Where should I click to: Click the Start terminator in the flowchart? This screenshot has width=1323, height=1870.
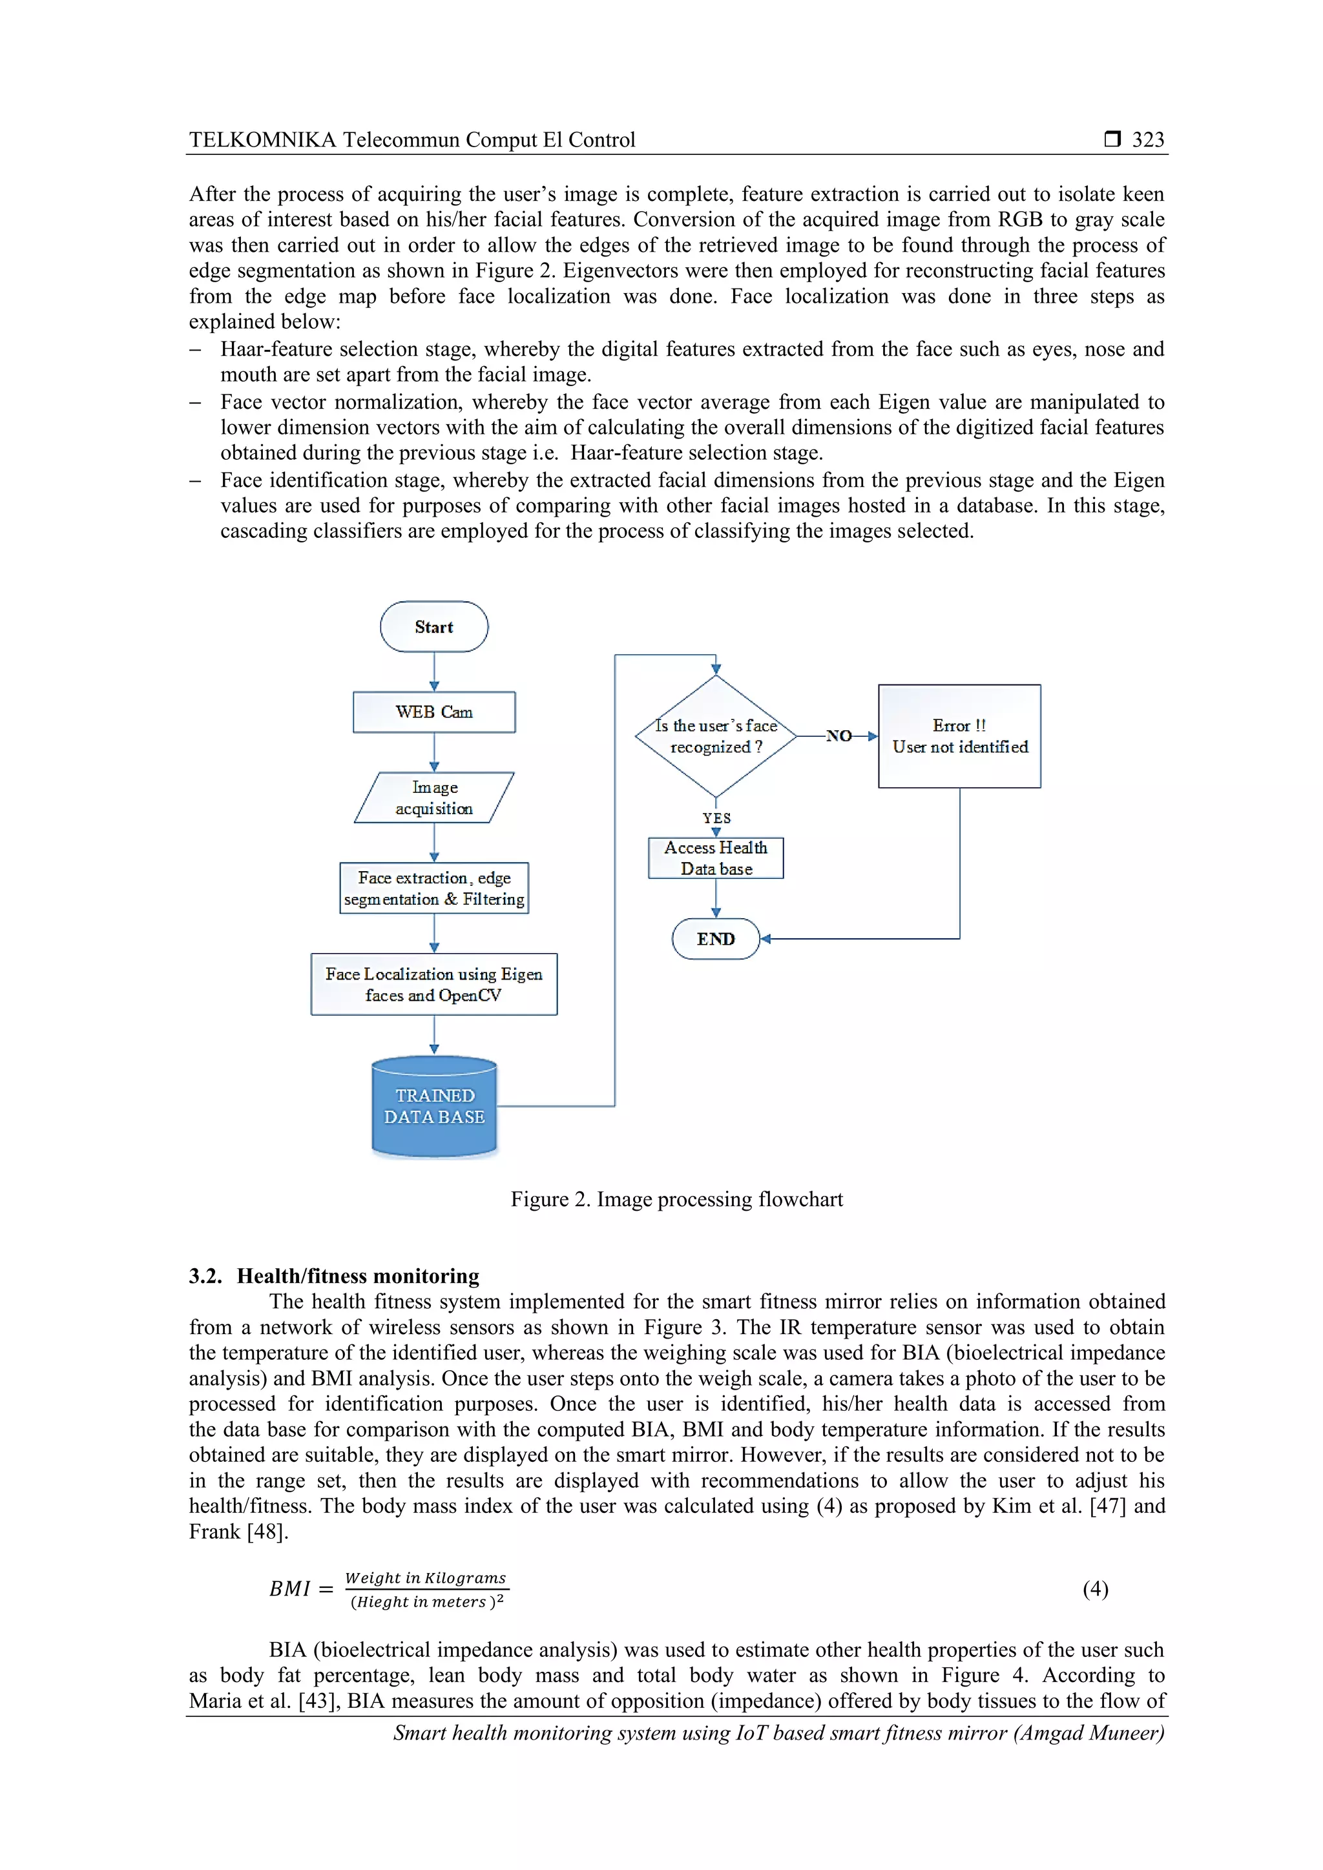coord(433,626)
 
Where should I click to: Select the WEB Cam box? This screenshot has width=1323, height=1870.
coord(433,712)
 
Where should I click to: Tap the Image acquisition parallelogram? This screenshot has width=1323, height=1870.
coord(433,797)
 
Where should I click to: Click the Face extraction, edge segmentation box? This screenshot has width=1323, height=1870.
coord(433,888)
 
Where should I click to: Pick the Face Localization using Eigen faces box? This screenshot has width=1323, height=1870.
coord(433,984)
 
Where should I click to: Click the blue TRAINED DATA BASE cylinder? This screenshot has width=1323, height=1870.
coord(433,1107)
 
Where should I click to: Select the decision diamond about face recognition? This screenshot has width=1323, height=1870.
coord(715,736)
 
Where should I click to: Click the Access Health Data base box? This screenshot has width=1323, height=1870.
coord(715,858)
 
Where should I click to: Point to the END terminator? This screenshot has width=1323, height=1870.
coord(715,939)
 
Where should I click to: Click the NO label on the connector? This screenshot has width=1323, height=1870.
coord(839,736)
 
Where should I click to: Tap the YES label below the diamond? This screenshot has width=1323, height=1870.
coord(716,817)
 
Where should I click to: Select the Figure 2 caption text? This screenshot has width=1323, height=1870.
coord(676,1200)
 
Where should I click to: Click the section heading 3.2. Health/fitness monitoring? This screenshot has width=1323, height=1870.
coord(334,1275)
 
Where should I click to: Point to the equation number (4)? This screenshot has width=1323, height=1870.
coord(1095,1589)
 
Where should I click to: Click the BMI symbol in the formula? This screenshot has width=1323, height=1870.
coord(290,1589)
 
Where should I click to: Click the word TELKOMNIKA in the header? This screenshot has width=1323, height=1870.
coord(262,140)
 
